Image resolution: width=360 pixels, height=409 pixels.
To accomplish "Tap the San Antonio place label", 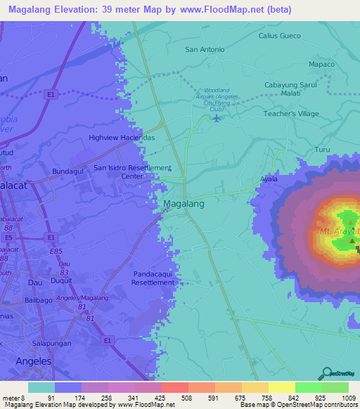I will pos(205,50).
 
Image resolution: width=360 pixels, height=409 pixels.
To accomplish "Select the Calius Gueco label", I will pos(279,36).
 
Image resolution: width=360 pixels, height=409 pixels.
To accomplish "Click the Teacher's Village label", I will pos(291,113).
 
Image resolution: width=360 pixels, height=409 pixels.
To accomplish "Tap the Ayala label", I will pos(269,179).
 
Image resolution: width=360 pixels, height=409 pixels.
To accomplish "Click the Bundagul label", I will pos(69,171).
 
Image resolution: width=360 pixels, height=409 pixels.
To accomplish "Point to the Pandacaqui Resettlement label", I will pos(153,278).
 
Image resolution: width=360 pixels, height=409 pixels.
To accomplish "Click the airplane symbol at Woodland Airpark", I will pos(215,117).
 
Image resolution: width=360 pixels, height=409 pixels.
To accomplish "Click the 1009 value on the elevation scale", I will pos(348,398).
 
